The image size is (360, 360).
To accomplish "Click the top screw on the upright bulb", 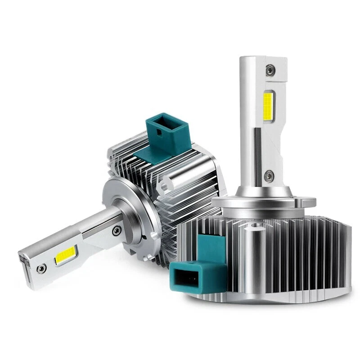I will click(x=269, y=70).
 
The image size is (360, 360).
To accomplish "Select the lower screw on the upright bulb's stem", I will click(x=269, y=175).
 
